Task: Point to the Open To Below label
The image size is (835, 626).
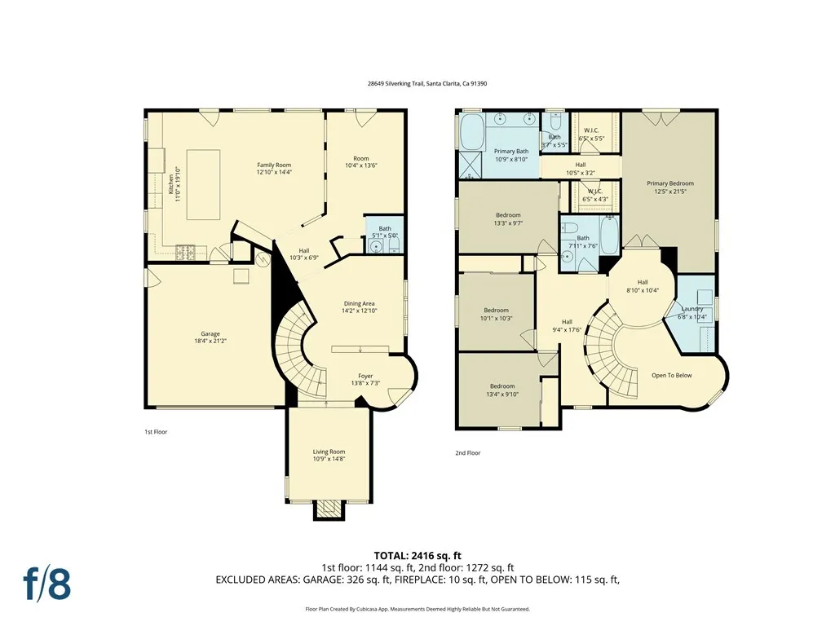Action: point(671,376)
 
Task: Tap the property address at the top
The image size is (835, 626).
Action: point(417,83)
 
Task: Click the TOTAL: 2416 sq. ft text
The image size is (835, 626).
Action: point(417,555)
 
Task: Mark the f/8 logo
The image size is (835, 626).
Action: point(46,584)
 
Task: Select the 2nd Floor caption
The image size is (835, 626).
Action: point(468,452)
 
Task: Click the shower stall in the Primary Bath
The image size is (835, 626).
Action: point(471,166)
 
